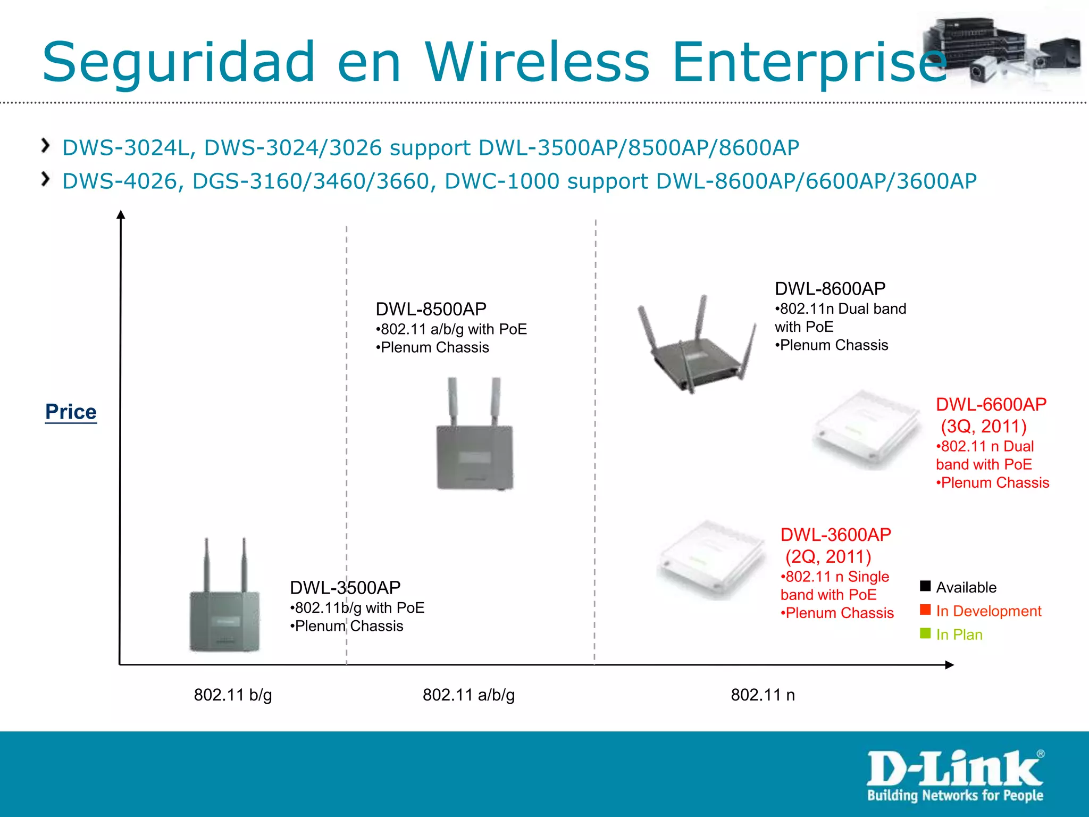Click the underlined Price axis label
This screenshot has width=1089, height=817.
[71, 412]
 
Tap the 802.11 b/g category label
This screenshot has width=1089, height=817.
[232, 695]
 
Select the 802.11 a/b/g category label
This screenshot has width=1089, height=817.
[468, 695]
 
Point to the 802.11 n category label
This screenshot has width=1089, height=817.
[763, 695]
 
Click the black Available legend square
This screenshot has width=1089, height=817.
[925, 586]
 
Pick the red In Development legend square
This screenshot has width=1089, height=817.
[925, 610]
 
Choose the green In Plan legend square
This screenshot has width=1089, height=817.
[925, 633]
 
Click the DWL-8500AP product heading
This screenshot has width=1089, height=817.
[431, 309]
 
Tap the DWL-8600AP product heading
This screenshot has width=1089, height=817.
[830, 289]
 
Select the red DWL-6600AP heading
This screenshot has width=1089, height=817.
[991, 404]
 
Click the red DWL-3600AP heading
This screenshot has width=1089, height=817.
[835, 535]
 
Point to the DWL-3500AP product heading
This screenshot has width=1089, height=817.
[345, 588]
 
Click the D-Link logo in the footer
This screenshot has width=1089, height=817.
[955, 775]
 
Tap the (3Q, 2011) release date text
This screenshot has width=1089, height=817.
[983, 426]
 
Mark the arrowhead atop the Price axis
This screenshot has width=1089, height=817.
[121, 214]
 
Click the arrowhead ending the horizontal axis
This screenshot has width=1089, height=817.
[949, 665]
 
